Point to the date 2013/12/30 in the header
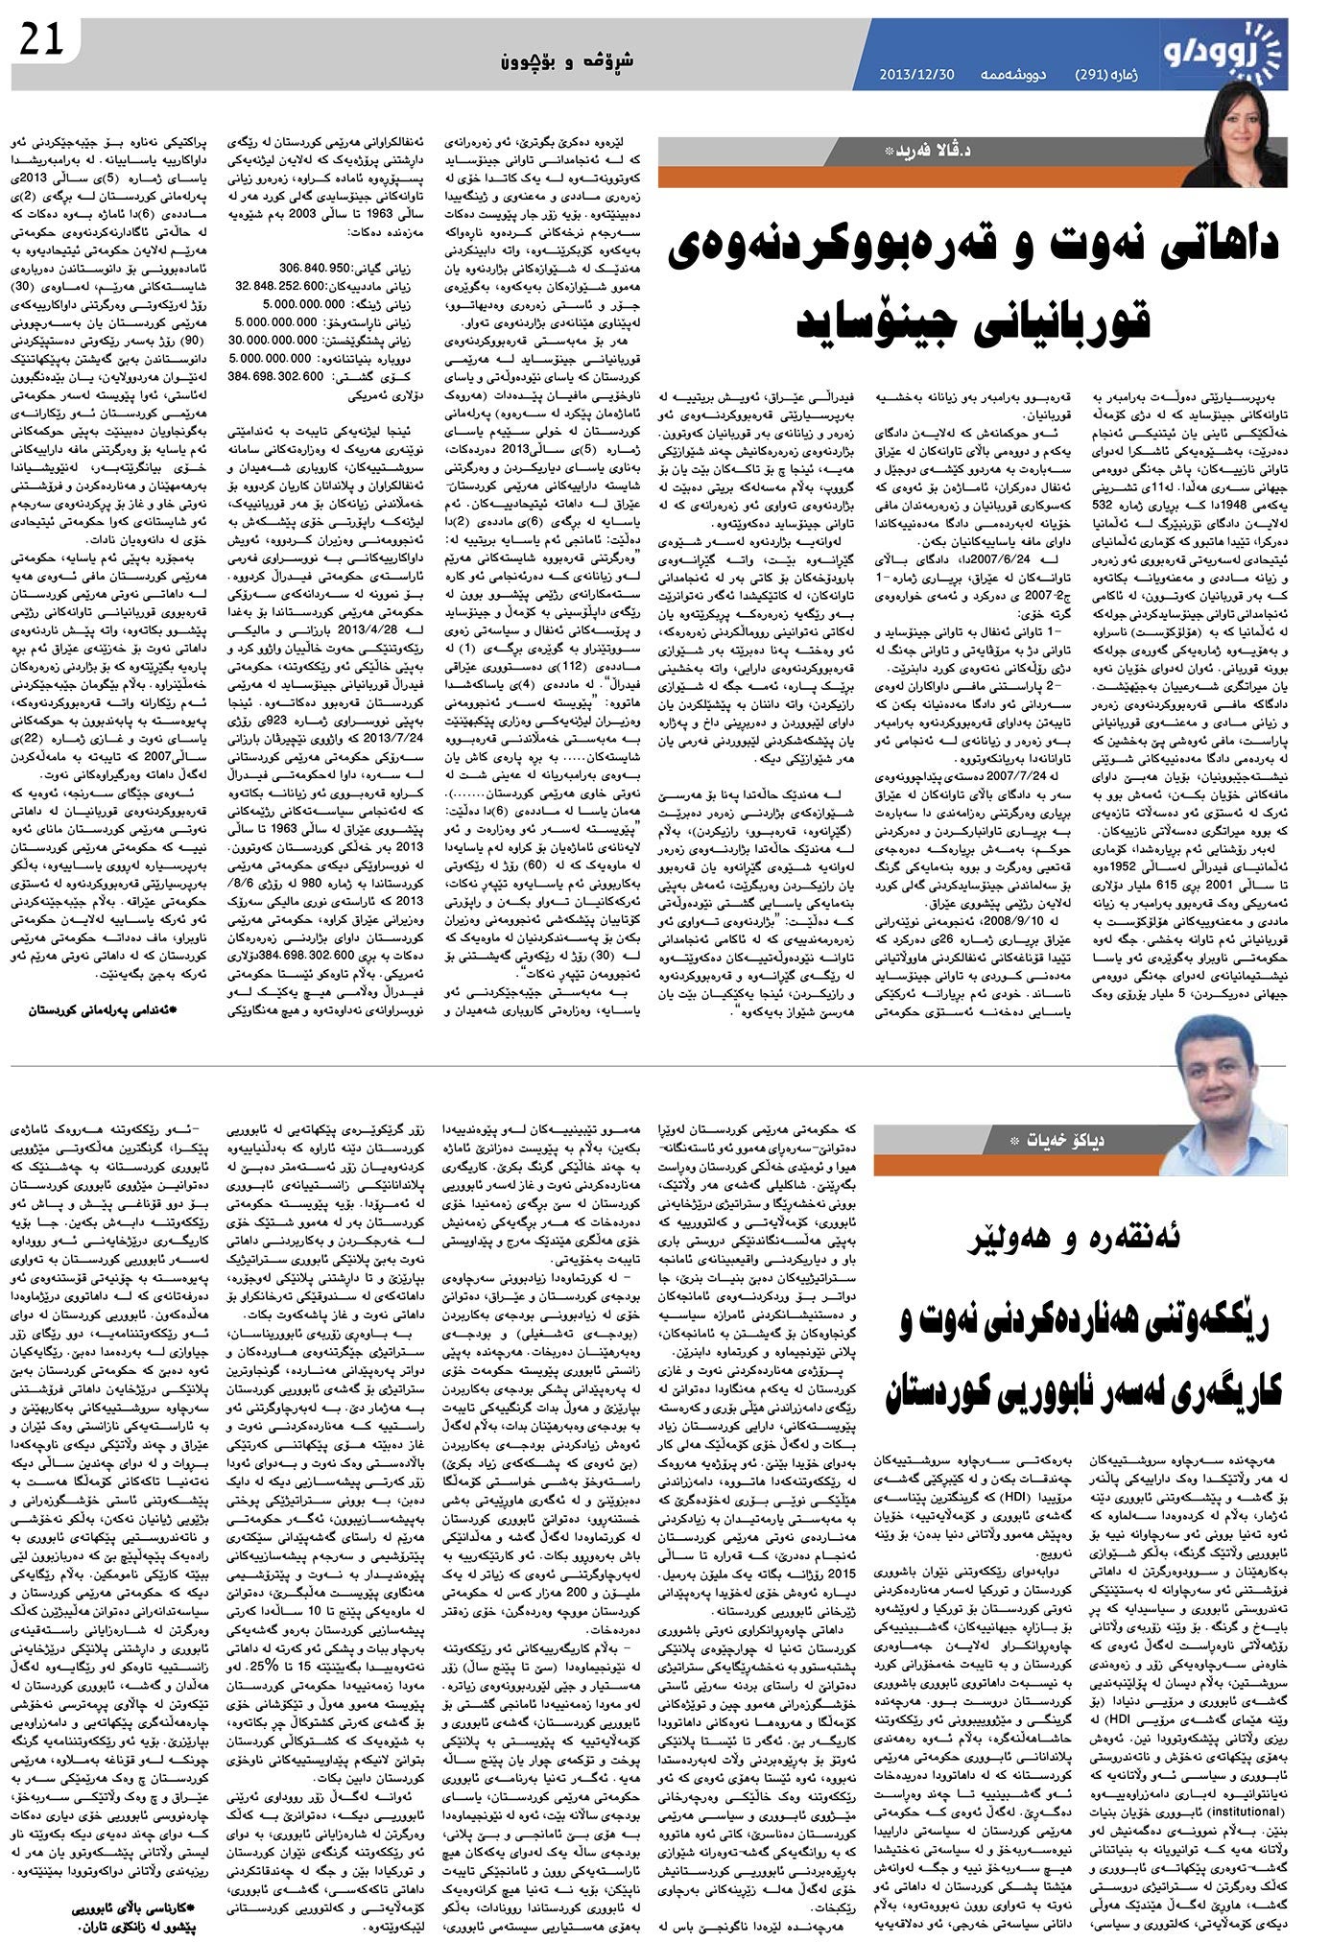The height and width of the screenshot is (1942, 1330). coord(916,75)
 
